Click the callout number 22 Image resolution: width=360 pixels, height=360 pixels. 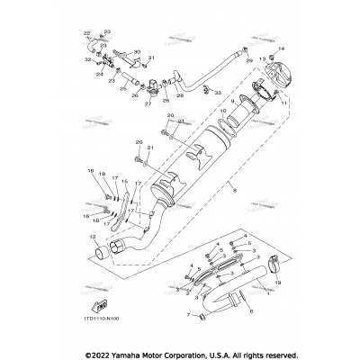[x=87, y=33]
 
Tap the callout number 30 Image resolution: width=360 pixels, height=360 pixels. [x=138, y=52]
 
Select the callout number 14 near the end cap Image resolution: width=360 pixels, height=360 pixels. [x=282, y=47]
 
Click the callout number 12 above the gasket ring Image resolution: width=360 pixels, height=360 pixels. [x=93, y=238]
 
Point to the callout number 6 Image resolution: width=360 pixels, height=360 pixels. [x=251, y=310]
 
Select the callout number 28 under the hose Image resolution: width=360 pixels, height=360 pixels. [x=179, y=94]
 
